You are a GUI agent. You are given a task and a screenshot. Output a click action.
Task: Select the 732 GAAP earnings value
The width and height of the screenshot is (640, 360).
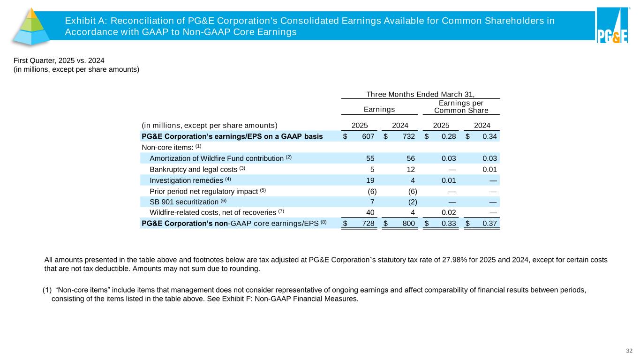[408, 136]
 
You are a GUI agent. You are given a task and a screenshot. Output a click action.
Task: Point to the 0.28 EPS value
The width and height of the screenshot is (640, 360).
[449, 136]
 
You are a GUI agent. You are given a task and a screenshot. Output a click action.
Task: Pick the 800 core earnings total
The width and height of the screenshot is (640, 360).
[408, 224]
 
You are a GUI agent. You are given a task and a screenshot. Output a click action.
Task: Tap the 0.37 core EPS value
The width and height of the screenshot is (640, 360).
[489, 224]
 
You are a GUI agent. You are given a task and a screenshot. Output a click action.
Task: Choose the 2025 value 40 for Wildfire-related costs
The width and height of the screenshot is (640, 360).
[369, 212]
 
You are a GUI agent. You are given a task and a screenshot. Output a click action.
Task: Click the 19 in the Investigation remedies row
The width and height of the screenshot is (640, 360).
[369, 180]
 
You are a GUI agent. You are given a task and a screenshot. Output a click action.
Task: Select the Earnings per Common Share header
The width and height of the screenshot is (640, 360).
[461, 107]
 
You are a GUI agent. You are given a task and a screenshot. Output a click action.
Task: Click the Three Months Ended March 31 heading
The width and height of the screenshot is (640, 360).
[420, 94]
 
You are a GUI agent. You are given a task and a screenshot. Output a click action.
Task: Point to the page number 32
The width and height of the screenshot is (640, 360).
[629, 351]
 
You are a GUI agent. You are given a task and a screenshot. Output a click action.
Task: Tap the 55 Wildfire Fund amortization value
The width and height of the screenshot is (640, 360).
[369, 158]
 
